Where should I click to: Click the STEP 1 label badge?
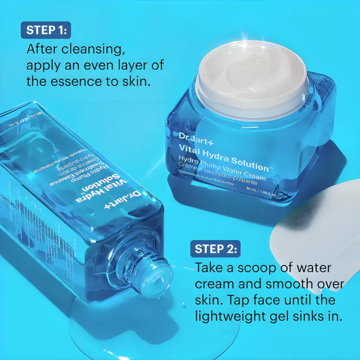[46, 30]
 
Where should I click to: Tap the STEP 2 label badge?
[215, 249]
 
